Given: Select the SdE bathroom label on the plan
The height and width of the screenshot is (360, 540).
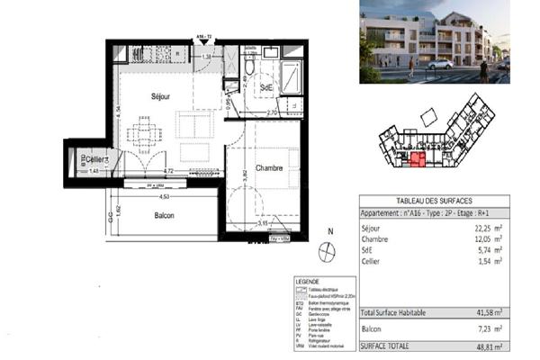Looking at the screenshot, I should point(266,86).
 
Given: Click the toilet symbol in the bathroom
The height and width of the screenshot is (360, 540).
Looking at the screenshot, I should point(248,67).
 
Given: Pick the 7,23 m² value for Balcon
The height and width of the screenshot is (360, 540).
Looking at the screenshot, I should point(489,330).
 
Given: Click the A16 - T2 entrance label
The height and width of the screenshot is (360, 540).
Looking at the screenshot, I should point(204,37).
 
